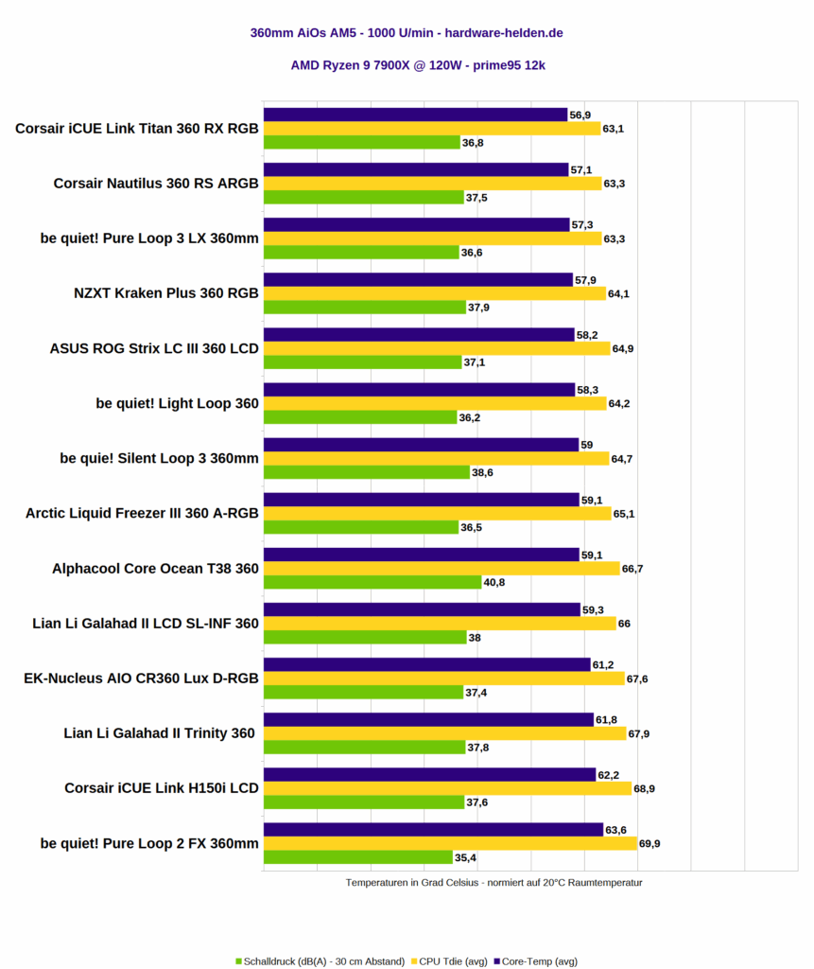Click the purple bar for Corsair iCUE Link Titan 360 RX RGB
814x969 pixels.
[415, 115]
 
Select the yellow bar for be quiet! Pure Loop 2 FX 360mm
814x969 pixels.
[450, 843]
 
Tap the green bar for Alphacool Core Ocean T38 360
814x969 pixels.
[372, 582]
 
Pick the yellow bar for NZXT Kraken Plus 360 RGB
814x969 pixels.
[434, 293]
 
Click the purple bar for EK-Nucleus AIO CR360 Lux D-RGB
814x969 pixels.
[426, 664]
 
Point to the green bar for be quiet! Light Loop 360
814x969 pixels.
[360, 417]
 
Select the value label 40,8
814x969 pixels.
[494, 582]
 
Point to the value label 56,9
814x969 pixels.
[580, 115]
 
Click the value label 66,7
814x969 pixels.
[633, 569]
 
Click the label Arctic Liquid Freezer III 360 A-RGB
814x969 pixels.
[142, 514]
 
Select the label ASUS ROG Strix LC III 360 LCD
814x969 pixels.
[154, 348]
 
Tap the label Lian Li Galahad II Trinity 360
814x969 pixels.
[160, 732]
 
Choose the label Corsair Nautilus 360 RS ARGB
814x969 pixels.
[156, 184]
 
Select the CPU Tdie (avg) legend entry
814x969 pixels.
[452, 960]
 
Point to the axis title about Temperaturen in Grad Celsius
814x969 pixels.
[494, 882]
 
